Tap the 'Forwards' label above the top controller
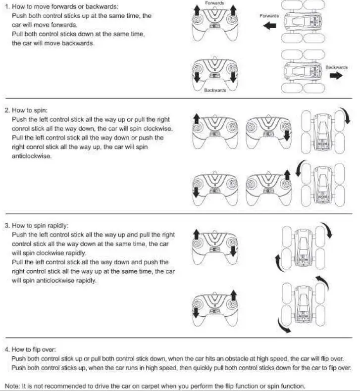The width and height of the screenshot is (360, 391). [214, 3]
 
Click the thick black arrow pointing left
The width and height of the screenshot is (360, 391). [270, 26]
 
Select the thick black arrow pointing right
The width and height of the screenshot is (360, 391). [336, 75]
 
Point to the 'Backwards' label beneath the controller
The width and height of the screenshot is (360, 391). [215, 91]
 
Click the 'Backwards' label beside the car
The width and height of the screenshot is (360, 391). [336, 67]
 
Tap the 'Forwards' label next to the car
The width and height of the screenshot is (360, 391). [269, 16]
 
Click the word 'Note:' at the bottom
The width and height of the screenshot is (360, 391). [12, 386]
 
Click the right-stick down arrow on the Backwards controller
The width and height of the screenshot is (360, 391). [233, 75]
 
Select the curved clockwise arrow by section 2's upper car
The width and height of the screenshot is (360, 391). [347, 116]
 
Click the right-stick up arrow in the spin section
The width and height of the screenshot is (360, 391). [287, 176]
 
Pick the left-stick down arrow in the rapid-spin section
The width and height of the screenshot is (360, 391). [196, 313]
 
